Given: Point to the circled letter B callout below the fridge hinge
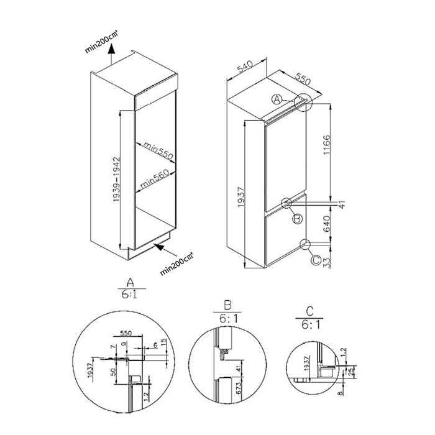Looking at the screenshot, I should coord(297,218).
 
